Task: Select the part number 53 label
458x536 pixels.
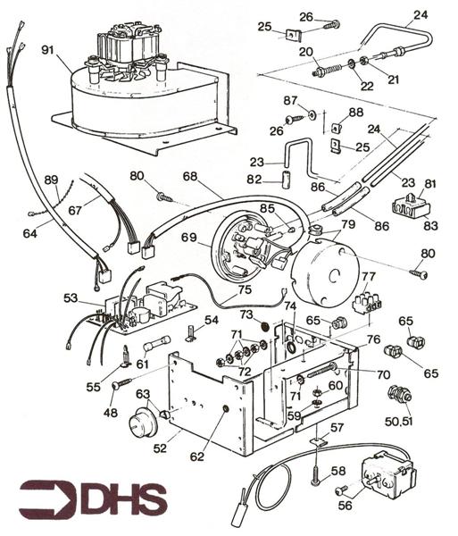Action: (x=71, y=297)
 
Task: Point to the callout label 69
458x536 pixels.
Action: (x=187, y=239)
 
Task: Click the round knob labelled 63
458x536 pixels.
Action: (x=140, y=423)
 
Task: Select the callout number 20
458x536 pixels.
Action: (x=305, y=53)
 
